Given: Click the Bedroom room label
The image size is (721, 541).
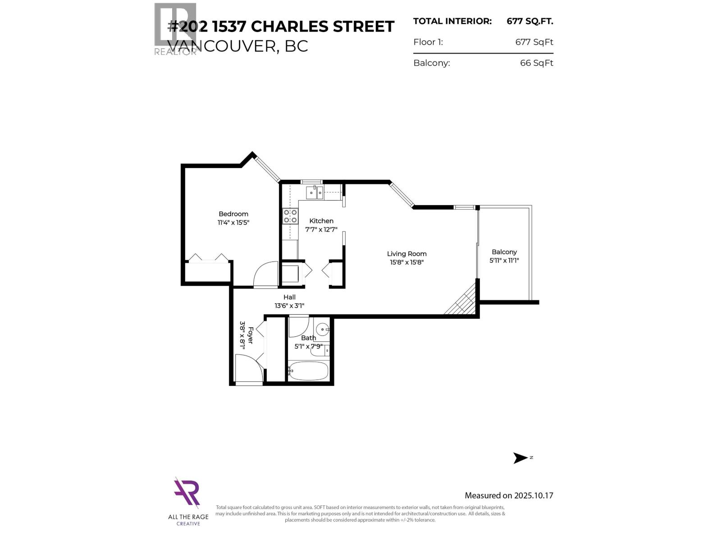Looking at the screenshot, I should [x=233, y=214].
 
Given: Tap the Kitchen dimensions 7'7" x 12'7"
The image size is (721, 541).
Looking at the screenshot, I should [x=321, y=229].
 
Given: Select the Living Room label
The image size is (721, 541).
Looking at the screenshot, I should [x=406, y=254].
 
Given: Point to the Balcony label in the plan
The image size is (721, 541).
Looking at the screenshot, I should [x=504, y=252].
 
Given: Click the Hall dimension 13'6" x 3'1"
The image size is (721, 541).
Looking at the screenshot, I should [x=289, y=306].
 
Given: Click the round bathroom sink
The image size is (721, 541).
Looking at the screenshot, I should [x=322, y=328].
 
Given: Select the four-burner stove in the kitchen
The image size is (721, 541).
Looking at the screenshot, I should [x=290, y=216].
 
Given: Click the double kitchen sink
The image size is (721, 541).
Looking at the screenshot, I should [x=315, y=193].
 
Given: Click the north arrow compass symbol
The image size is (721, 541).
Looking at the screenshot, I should [x=520, y=458].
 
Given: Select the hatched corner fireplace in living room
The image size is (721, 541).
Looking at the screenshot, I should [x=463, y=301].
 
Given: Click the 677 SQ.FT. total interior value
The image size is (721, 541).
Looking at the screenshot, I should [x=529, y=21].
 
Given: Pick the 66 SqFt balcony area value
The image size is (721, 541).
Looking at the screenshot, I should [x=536, y=63].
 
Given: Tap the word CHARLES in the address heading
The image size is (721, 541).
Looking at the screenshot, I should [x=289, y=27].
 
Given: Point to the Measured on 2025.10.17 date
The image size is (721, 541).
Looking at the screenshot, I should [x=509, y=495].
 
